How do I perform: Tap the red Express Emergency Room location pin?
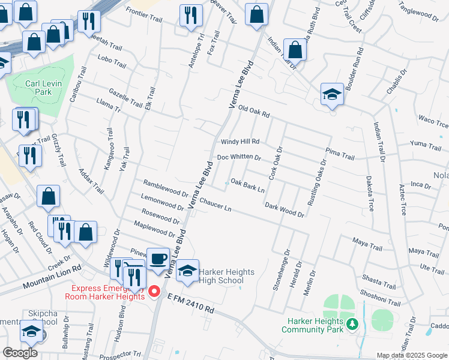(154, 292)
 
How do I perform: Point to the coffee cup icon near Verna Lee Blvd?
(158, 259)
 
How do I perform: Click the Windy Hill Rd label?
(240, 142)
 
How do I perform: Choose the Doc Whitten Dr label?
(239, 157)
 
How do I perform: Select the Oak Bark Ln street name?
(248, 185)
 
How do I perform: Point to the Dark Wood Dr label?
(285, 209)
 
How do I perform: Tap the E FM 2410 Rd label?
(191, 303)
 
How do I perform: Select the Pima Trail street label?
(340, 153)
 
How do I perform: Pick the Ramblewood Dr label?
(166, 187)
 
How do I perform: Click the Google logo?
(20, 352)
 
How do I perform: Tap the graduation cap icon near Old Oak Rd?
(331, 95)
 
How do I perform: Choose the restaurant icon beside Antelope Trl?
(191, 16)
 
